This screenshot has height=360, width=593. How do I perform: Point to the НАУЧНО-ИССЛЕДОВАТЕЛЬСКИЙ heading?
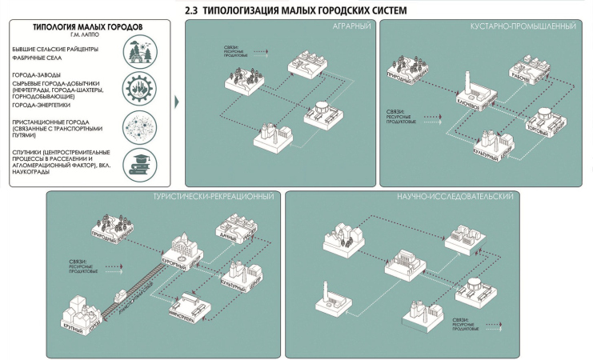(x=464, y=197)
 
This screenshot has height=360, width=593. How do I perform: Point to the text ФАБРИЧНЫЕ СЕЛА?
(x=39, y=57)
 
